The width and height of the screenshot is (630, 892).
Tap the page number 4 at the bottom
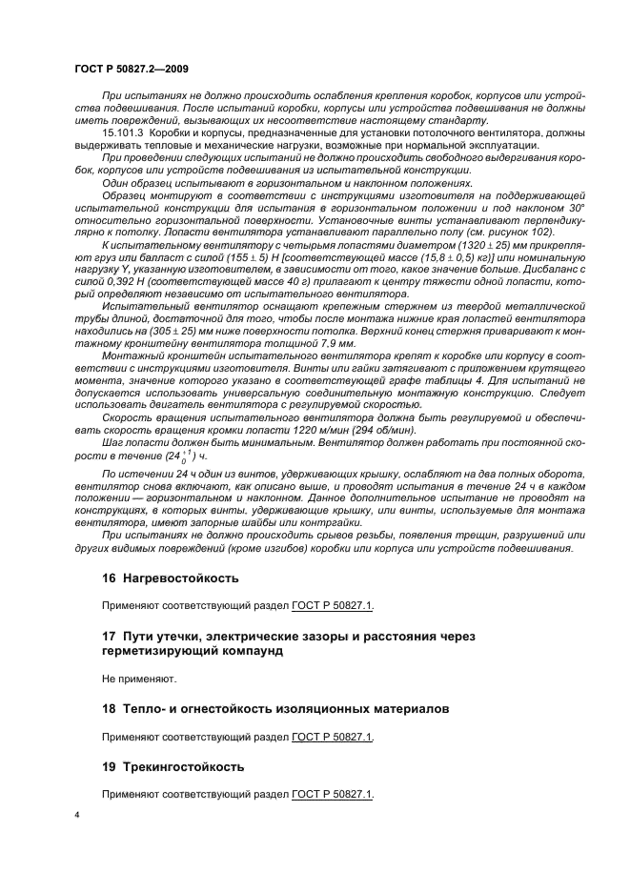point(77,815)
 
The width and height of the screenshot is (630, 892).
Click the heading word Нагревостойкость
point(178,578)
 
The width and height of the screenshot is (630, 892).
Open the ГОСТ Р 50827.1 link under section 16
point(333,604)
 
